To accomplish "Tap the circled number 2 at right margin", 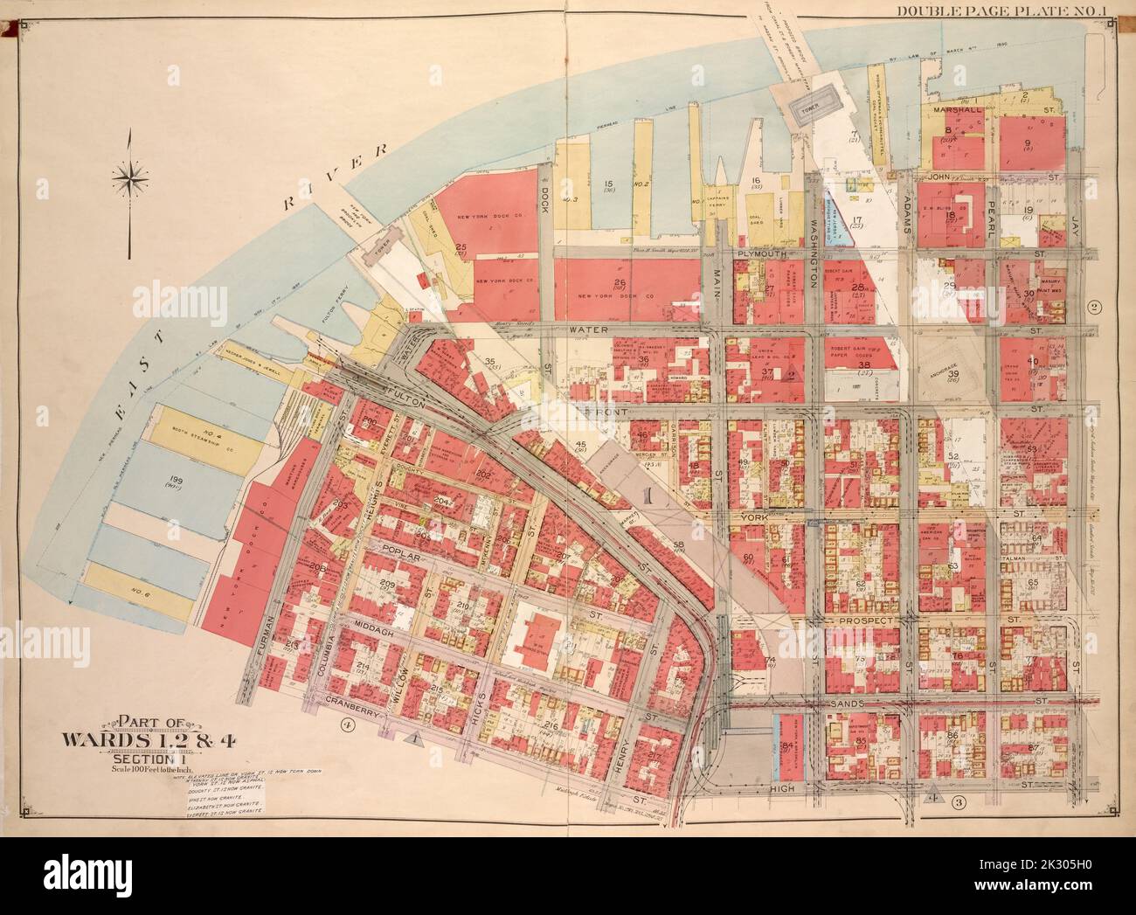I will pos(1091,307).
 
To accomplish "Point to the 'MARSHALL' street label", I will pos(959,112).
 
